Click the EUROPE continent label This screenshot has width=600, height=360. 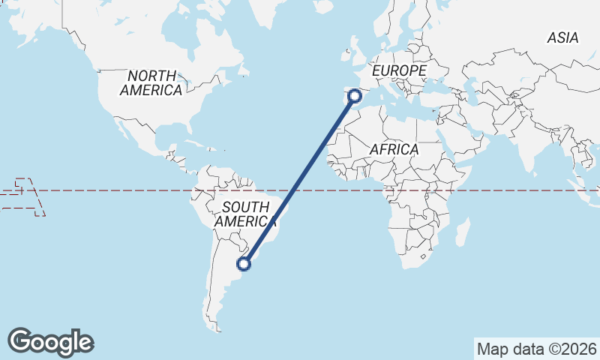tap(399, 70)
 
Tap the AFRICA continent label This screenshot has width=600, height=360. tap(394, 150)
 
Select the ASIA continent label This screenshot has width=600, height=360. tap(562, 37)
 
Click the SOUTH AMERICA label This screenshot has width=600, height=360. tap(245, 214)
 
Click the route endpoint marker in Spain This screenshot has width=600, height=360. tap(355, 96)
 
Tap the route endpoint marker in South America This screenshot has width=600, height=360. tap(244, 263)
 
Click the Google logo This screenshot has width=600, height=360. tap(50, 342)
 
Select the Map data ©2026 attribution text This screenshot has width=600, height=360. tap(537, 349)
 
